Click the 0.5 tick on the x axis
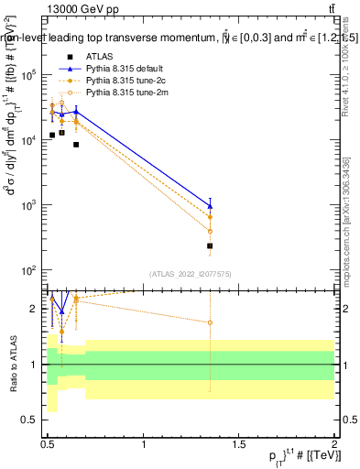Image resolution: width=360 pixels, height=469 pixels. [x=48, y=443]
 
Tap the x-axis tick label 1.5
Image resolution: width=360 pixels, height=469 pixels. [x=239, y=443]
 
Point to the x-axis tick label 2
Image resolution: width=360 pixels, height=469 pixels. [x=334, y=443]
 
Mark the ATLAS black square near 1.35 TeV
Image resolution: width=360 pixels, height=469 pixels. [x=211, y=246]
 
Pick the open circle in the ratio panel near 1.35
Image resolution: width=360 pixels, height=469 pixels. [x=211, y=322]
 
